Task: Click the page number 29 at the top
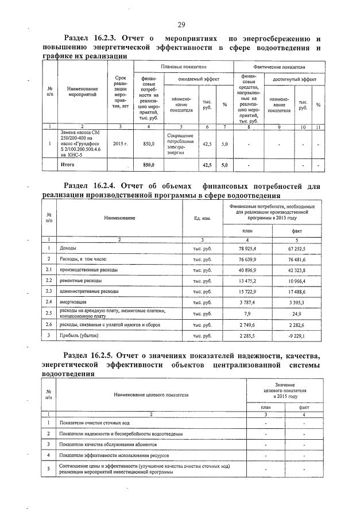coord(181,24)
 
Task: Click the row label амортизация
coord(73,301)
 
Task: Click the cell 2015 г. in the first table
coord(120,144)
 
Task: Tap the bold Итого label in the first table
coord(68,165)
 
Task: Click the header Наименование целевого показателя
coord(151,396)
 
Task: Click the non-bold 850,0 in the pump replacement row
coord(149,144)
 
